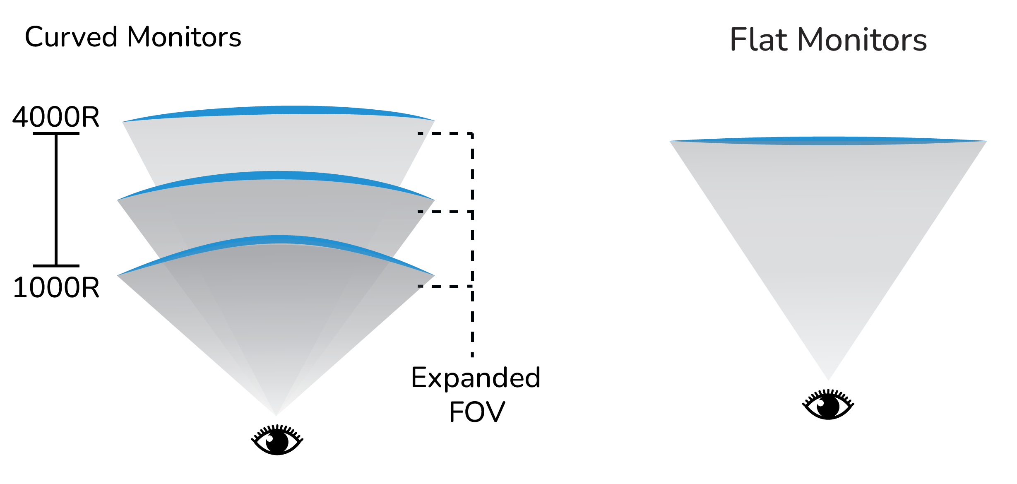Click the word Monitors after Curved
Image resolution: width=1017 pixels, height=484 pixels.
coord(184,37)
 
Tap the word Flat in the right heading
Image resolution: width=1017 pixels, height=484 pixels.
coord(758,40)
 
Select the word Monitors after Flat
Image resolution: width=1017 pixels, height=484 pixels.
coord(862,40)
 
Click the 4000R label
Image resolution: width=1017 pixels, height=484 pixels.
coord(56,117)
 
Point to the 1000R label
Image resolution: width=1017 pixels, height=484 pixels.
coord(56,288)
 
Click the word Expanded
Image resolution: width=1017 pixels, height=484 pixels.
coord(476,378)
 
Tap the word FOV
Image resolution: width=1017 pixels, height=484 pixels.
coord(477,412)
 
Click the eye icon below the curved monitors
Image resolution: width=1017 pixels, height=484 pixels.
coord(277,440)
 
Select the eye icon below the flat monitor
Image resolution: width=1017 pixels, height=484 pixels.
coord(828,405)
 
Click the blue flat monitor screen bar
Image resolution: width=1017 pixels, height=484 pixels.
coord(828,141)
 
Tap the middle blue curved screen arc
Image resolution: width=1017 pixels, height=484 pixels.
coord(277,175)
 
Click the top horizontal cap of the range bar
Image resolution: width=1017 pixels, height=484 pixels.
coord(56,133)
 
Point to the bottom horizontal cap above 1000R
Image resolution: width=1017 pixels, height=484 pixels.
coord(56,266)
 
